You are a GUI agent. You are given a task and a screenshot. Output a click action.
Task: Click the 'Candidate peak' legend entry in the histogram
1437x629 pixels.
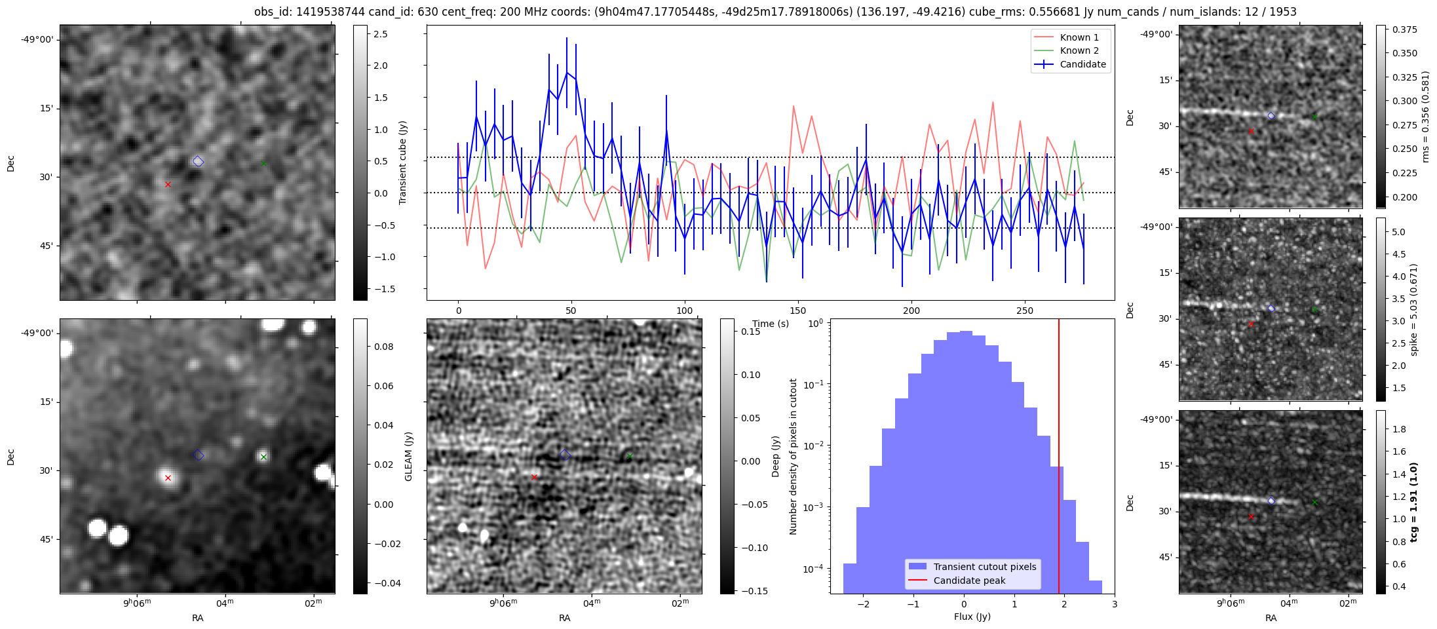(x=969, y=581)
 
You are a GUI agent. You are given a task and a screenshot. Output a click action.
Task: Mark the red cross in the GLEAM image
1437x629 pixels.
(x=168, y=478)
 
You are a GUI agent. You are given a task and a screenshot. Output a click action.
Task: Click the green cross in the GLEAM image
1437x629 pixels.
(x=263, y=457)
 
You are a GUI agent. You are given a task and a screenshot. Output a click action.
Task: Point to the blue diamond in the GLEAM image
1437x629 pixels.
(x=199, y=455)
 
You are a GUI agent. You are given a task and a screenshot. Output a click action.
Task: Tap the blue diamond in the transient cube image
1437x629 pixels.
(x=199, y=161)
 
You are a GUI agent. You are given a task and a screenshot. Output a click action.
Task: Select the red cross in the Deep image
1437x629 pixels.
(x=534, y=477)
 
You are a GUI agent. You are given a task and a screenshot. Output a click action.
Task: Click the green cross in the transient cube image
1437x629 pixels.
(x=263, y=163)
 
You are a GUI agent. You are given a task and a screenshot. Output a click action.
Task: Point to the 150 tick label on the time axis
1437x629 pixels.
(x=797, y=311)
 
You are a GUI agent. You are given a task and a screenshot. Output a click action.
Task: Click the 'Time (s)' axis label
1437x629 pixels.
(x=771, y=324)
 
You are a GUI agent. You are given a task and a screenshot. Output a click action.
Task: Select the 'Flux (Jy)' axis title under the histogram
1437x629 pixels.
(x=972, y=617)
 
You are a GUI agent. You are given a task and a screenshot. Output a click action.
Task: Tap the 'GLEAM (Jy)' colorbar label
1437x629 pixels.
(x=408, y=456)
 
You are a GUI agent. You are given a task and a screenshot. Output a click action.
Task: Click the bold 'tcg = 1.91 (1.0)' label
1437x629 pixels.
(x=1414, y=503)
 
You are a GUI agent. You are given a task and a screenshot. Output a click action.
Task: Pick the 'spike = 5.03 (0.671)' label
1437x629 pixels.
(x=1414, y=310)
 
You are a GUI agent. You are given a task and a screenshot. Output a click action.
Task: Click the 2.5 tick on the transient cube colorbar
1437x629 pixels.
(x=381, y=34)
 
